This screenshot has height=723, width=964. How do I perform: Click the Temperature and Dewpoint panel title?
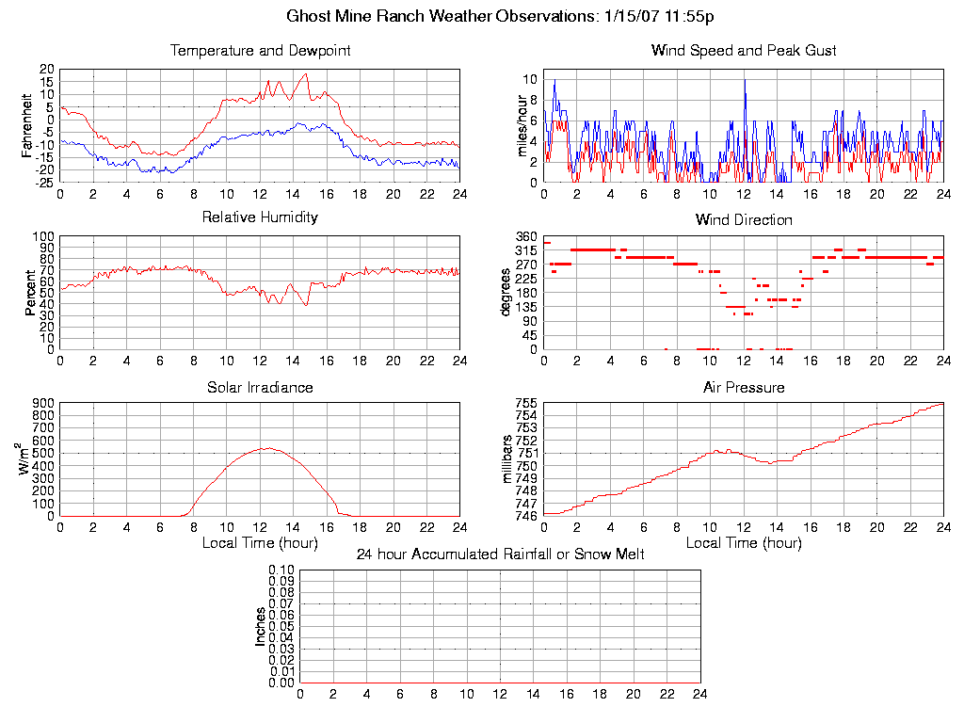click(x=260, y=51)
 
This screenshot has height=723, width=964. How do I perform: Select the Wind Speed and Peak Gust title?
click(x=744, y=51)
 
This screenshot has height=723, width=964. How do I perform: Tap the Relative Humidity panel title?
click(x=260, y=217)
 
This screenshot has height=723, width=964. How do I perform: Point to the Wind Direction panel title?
click(x=744, y=220)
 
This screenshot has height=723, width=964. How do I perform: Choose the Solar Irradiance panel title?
click(x=260, y=388)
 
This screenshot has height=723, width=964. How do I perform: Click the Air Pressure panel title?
click(x=744, y=388)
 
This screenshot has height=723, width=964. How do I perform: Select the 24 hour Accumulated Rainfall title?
click(x=500, y=554)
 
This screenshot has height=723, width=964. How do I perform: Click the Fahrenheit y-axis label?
click(x=29, y=124)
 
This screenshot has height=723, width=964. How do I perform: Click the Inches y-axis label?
click(x=261, y=626)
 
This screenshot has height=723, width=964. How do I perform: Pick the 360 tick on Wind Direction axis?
click(x=526, y=236)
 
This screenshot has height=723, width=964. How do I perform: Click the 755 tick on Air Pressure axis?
click(x=526, y=404)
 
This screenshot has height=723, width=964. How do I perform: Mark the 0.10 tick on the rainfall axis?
click(x=281, y=570)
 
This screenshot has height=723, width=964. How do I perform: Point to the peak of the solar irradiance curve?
click(x=267, y=448)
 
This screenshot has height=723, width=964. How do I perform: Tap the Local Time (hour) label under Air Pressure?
click(x=744, y=543)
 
